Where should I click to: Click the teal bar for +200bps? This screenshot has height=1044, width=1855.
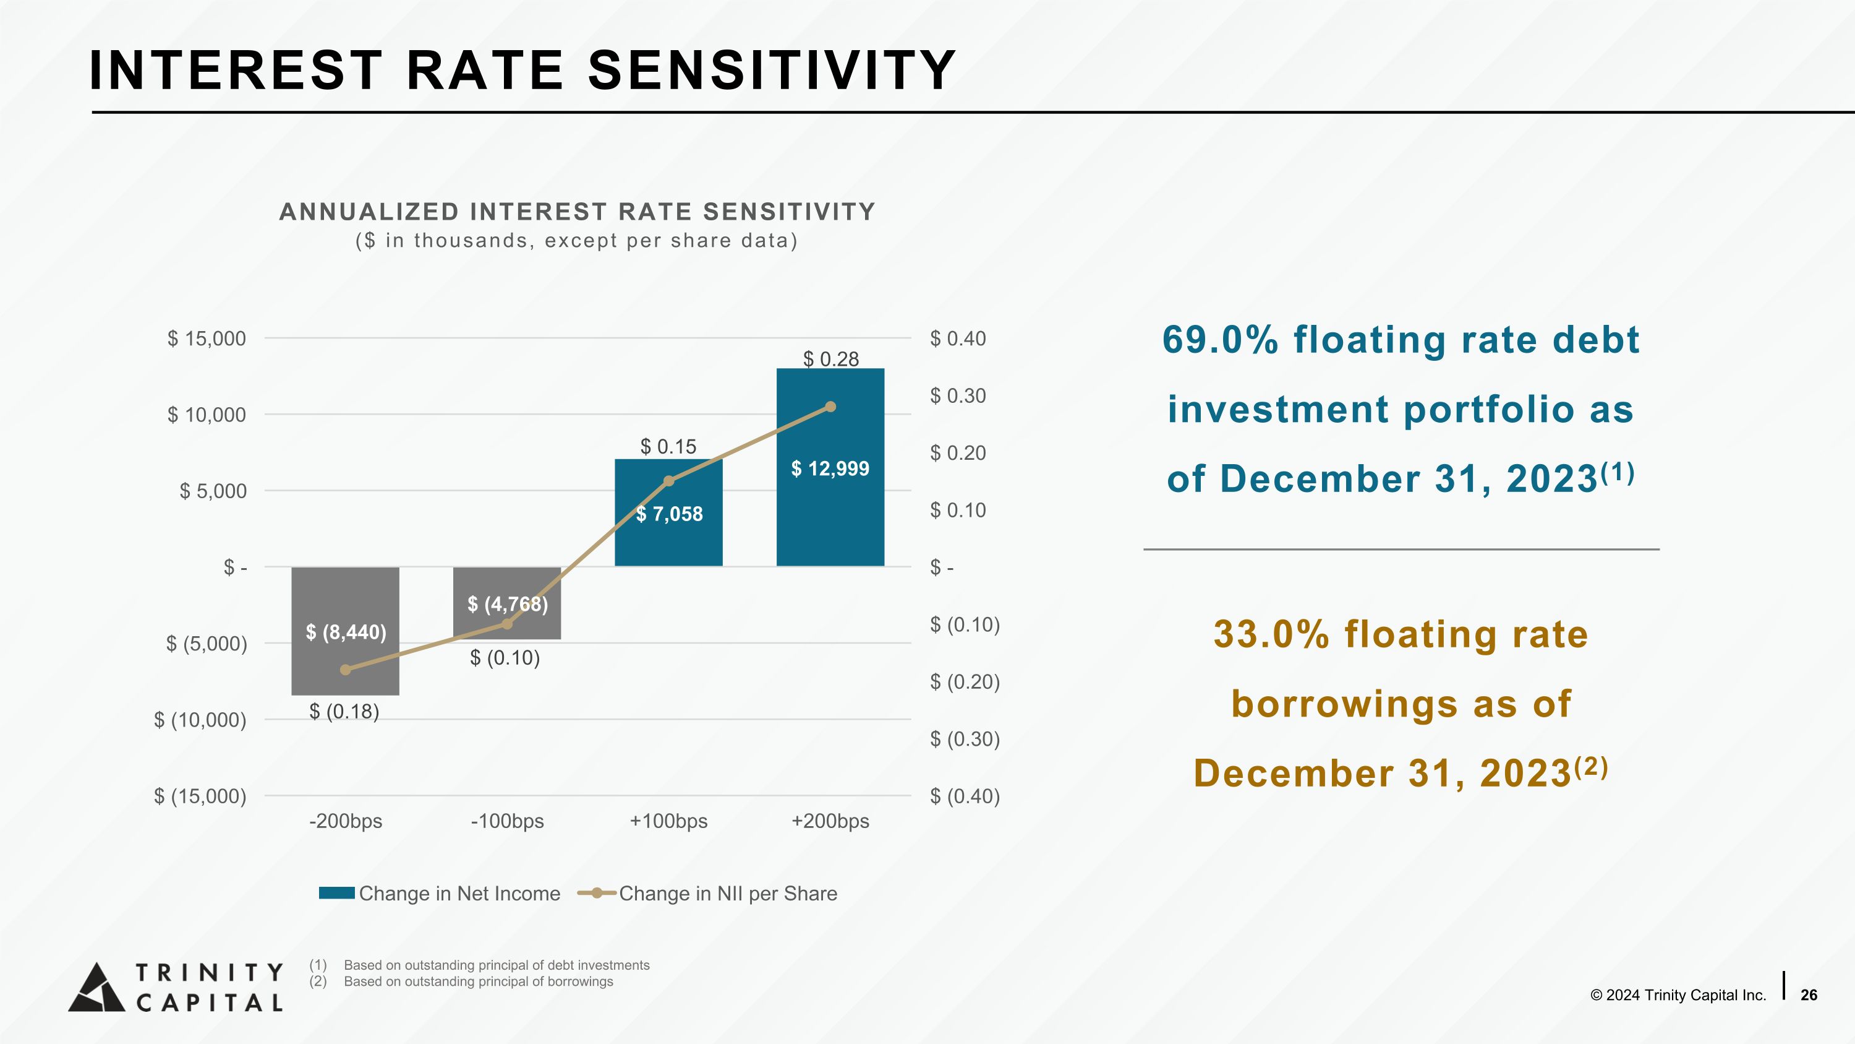click(x=830, y=504)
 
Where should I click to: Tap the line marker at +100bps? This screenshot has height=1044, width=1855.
click(x=668, y=481)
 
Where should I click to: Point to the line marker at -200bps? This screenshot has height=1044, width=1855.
click(x=346, y=670)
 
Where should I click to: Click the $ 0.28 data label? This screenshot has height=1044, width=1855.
click(x=830, y=359)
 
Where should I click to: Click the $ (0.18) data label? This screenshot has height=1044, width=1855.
click(x=344, y=712)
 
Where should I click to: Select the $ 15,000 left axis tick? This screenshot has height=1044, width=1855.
click(x=207, y=339)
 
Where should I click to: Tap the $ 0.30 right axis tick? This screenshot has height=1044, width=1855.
click(x=958, y=395)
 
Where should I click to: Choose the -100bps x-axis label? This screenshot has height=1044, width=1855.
click(x=507, y=821)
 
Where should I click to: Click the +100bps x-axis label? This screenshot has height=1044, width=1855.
click(x=668, y=821)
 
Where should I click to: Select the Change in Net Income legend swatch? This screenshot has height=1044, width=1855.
click(x=336, y=894)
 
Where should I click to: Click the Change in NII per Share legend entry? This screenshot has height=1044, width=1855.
click(x=727, y=894)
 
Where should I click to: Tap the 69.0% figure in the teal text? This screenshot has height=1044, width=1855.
click(x=1220, y=340)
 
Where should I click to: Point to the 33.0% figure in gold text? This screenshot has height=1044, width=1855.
click(x=1271, y=635)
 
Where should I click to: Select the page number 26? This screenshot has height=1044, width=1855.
click(x=1808, y=995)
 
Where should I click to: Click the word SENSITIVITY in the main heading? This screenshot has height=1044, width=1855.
click(x=771, y=71)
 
